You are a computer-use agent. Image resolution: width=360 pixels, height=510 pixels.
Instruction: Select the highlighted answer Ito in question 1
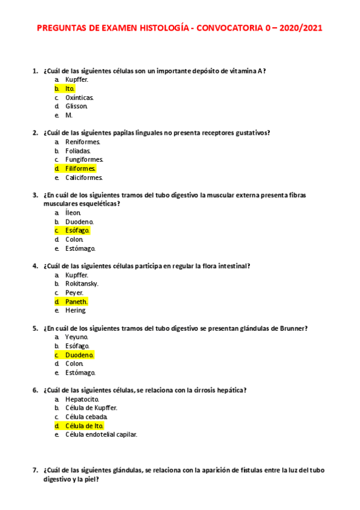tap(70, 88)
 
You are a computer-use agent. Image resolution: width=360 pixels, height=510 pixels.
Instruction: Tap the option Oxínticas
tap(79, 97)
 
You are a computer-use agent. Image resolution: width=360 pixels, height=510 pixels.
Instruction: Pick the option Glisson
tap(76, 106)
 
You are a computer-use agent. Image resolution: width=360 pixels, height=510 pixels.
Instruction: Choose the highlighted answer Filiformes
tap(81, 168)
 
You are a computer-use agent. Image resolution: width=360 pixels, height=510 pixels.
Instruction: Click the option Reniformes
tap(82, 142)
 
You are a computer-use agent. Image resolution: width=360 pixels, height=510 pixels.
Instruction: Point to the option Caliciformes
tap(84, 177)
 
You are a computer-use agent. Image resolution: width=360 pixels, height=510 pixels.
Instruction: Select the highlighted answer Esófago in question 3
tap(78, 230)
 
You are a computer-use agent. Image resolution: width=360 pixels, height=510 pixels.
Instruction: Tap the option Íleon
tap(73, 213)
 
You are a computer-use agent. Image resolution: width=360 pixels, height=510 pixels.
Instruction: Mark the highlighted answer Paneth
tap(76, 301)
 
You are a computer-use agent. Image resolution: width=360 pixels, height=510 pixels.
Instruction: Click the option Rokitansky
tap(82, 283)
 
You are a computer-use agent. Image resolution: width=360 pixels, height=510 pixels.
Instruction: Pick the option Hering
tap(76, 310)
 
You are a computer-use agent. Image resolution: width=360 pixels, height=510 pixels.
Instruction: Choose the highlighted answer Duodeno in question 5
tap(79, 355)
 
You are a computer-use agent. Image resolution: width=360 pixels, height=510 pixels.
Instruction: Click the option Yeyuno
tap(77, 337)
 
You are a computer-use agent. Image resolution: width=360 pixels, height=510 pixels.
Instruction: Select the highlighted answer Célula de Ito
tap(84, 425)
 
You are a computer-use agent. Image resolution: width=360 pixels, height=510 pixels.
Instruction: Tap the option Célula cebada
tap(87, 417)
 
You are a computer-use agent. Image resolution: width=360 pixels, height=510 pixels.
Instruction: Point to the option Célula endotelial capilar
tap(101, 434)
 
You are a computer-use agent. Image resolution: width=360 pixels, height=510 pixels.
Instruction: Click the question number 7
tap(34, 470)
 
